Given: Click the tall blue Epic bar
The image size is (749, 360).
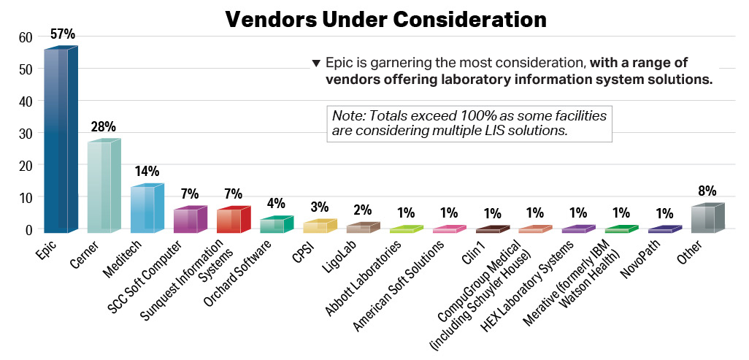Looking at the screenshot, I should click(x=57, y=139).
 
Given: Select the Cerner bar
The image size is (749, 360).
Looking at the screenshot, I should click(x=100, y=186).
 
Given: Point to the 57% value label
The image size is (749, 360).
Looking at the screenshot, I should click(x=61, y=34).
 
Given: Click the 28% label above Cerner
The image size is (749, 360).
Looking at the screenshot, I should click(x=103, y=127).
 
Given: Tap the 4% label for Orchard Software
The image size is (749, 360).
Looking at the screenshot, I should click(x=275, y=204).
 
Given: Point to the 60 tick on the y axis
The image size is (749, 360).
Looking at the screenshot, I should click(x=26, y=37).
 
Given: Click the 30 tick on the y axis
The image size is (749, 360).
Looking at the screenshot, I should click(x=26, y=134).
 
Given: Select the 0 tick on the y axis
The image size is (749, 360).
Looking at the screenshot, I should click(x=29, y=230).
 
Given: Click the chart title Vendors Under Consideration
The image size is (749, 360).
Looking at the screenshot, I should click(x=385, y=20).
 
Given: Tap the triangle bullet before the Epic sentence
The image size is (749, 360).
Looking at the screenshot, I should click(x=315, y=63).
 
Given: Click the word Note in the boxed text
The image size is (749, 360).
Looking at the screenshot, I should click(x=346, y=116).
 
